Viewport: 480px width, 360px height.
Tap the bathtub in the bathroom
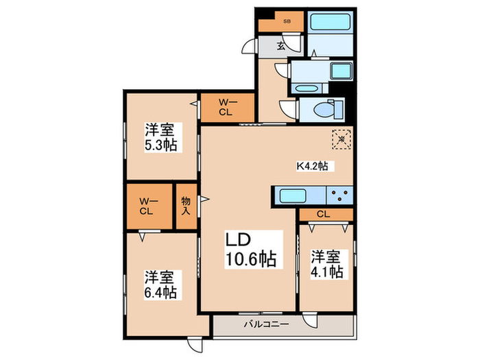[x=330, y=21]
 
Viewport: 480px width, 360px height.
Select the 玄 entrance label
[x=280, y=47]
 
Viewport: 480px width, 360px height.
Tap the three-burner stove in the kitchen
[x=340, y=195]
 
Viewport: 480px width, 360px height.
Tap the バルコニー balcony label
[x=267, y=326]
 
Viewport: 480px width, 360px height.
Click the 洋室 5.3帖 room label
[x=160, y=136]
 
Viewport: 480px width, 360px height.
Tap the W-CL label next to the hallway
[x=227, y=108]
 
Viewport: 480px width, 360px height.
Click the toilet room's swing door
[x=287, y=108]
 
